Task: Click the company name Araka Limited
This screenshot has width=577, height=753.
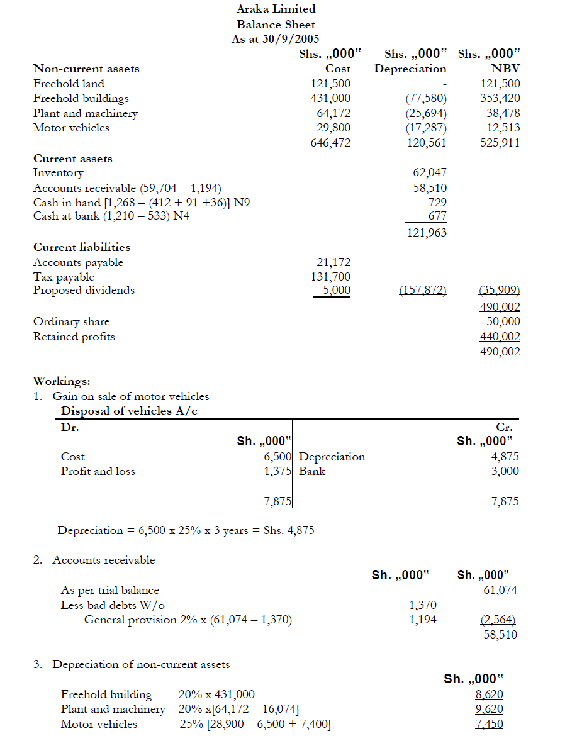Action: coord(276,9)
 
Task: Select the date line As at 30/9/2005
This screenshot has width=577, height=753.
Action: coord(276,39)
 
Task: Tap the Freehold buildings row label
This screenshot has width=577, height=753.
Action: coord(81,98)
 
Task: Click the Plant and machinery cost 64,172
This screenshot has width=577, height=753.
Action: coord(333,113)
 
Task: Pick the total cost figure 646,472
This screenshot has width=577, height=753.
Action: coord(330,143)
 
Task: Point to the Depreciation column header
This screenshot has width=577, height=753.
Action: coord(410,69)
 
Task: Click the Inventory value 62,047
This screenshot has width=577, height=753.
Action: coord(430,172)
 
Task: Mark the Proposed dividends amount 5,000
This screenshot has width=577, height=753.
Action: coord(337,291)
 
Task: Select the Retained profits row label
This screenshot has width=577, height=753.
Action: coord(74,337)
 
